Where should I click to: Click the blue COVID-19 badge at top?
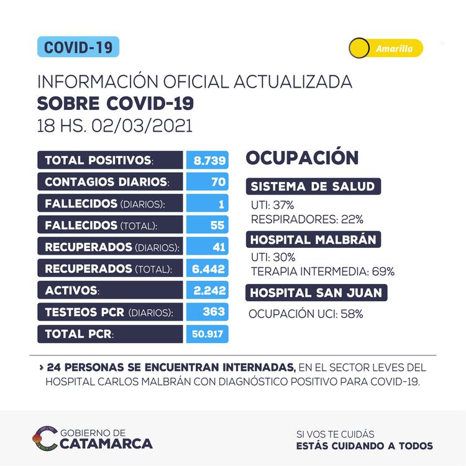pos(78,47)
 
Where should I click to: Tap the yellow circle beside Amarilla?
pos(359,48)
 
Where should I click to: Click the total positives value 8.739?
pos(208,160)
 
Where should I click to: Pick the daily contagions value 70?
pos(208,182)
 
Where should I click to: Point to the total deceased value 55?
pos(208,225)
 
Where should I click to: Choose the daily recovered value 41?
pos(208,247)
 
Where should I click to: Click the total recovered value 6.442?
pos(208,268)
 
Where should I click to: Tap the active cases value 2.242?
pos(208,290)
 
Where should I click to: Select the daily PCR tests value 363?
pos(208,311)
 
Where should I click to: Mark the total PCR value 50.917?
pos(208,333)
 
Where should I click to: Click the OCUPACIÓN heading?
pos(302,157)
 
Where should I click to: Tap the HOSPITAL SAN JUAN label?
pos(317,292)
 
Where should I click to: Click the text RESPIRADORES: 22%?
pos(307,219)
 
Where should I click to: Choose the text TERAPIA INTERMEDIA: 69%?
pos(322,271)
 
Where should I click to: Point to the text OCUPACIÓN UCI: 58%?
pos(306,314)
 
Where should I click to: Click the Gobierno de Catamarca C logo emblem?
pos(44,438)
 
